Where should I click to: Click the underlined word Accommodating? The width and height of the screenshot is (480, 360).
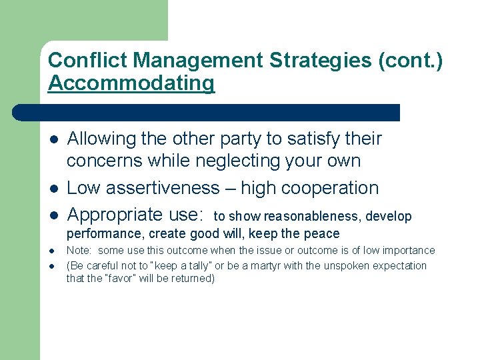(131, 83)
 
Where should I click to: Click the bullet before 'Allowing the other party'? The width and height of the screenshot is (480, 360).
(54, 139)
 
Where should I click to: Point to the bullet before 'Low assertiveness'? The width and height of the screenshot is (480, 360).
(54, 189)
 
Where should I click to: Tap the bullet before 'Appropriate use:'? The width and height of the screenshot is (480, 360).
(54, 215)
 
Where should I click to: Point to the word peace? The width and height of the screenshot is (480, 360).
(323, 234)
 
